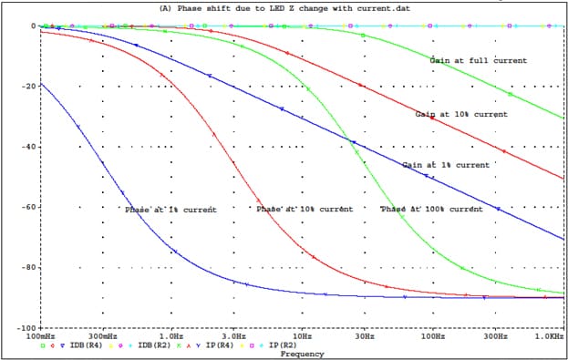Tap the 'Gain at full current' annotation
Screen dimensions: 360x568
478,60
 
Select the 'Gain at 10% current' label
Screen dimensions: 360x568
461,115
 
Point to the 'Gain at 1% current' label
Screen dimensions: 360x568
446,165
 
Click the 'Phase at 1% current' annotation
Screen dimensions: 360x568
170,210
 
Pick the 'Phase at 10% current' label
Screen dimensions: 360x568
304,209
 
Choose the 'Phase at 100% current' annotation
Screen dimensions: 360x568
430,209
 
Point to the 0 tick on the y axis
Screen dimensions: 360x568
33,26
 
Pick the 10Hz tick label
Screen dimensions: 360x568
302,336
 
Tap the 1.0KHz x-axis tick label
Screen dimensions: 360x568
550,336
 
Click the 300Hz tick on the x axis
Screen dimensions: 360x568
496,336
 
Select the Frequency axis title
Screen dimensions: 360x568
301,354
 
